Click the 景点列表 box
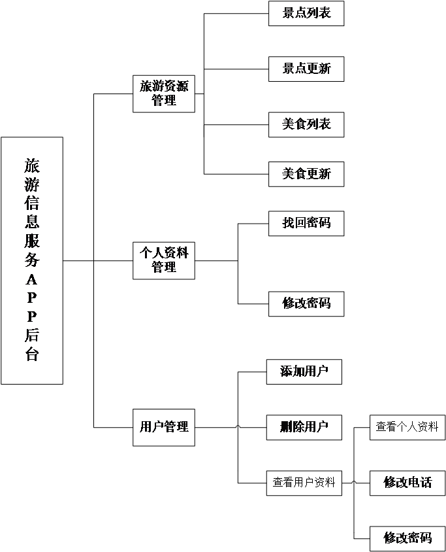click(x=306, y=14)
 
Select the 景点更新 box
click(x=306, y=69)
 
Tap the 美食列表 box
click(x=306, y=124)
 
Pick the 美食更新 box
click(x=306, y=174)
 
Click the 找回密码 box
click(x=306, y=223)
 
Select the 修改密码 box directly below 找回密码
click(x=306, y=303)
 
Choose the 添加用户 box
click(x=304, y=372)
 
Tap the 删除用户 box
click(x=304, y=427)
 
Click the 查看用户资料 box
click(x=304, y=483)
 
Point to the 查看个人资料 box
click(x=407, y=427)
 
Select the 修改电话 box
click(x=407, y=483)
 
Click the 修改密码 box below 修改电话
click(x=407, y=538)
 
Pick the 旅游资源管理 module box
click(x=163, y=93)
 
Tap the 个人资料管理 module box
click(x=163, y=260)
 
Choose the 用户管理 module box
click(x=163, y=427)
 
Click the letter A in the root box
click(x=31, y=279)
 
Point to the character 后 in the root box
click(x=31, y=336)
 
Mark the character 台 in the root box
click(x=31, y=355)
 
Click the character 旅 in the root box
click(x=31, y=165)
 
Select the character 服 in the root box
click(x=31, y=241)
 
